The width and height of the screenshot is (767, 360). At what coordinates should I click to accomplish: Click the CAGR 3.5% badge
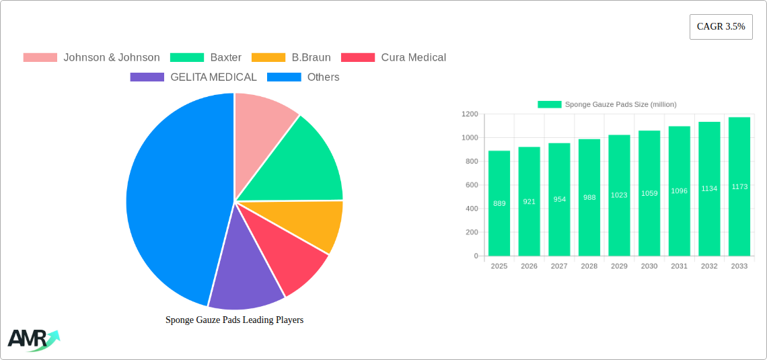pos(721,27)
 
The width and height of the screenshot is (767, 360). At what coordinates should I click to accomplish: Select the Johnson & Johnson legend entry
pos(92,58)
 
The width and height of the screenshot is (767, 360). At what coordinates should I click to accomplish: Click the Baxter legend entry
pos(206,58)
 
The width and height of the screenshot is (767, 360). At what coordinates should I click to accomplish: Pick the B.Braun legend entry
pos(292,58)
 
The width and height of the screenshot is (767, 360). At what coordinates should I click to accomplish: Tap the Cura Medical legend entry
pos(394,58)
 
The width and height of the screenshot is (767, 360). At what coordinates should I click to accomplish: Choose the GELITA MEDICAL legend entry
pos(194,77)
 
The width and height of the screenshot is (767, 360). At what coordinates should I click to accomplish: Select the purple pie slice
pos(246,276)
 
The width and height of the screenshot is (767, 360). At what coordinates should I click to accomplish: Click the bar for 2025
pos(499,203)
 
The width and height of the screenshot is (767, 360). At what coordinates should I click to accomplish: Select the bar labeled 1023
pos(619,195)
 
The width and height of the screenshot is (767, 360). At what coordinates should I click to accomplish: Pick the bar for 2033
pos(739,186)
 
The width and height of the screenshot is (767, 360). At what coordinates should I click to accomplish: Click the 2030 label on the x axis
pos(649,266)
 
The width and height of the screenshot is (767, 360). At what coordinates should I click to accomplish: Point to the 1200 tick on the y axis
pos(469,114)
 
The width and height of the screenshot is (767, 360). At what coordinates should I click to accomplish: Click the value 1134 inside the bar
pos(709,188)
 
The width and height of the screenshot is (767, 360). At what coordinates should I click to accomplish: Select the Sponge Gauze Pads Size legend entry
pos(607,104)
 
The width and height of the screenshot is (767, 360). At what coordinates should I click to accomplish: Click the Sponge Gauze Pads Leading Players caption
pos(234,320)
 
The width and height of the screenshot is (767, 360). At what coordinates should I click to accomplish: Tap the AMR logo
pos(32,340)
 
